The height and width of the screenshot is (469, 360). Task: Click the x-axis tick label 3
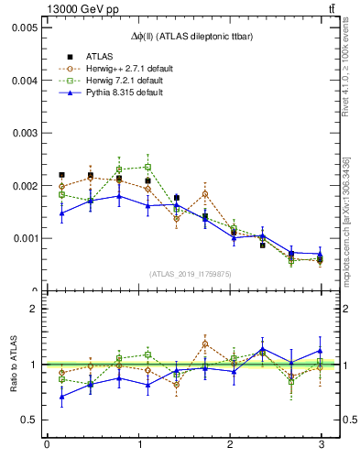(x=322, y=445)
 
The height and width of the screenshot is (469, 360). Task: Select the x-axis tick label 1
(x=138, y=445)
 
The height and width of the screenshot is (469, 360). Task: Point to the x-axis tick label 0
(x=47, y=445)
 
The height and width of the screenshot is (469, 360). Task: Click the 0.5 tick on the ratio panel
(x=28, y=420)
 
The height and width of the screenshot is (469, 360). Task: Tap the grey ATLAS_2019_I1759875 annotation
(x=190, y=273)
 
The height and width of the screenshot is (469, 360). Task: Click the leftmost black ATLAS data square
(x=61, y=174)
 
